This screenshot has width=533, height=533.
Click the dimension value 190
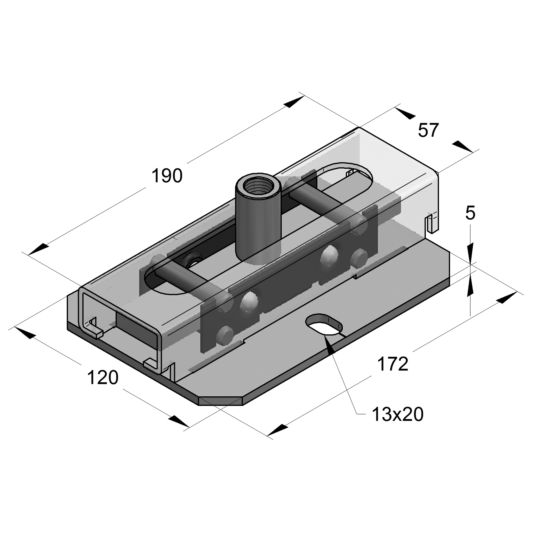click(167, 176)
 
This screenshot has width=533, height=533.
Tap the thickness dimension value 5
click(470, 213)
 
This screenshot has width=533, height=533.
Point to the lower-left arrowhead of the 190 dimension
click(39, 249)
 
